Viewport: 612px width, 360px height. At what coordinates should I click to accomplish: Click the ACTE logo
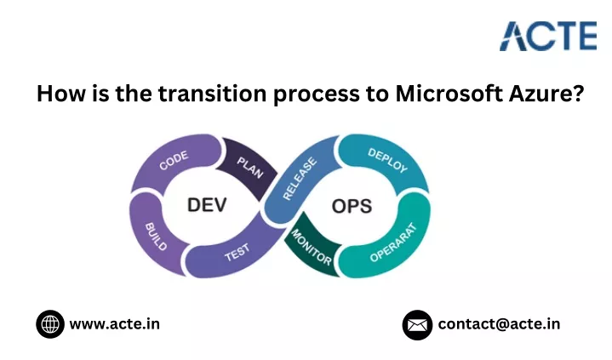(548, 37)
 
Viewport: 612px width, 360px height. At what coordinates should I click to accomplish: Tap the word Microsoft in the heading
(449, 94)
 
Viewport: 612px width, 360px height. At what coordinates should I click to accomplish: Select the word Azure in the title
(546, 94)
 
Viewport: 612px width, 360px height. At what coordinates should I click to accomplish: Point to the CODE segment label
(174, 160)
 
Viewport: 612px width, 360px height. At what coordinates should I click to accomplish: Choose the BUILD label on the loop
(156, 237)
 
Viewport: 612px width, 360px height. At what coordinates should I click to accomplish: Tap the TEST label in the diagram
(237, 253)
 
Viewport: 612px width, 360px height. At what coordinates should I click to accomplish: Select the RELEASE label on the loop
(300, 179)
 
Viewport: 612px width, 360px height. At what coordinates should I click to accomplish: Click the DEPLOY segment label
(387, 160)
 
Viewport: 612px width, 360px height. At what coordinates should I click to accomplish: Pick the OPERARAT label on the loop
(393, 243)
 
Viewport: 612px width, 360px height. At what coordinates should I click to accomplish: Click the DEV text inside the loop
(207, 205)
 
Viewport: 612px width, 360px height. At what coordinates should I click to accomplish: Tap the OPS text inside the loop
(352, 206)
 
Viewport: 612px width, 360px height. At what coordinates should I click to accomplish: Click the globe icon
(50, 324)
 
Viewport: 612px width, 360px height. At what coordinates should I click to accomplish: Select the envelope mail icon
(417, 325)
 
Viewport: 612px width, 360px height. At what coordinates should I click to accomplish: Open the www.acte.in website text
(115, 324)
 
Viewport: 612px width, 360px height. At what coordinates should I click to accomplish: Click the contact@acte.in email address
(499, 324)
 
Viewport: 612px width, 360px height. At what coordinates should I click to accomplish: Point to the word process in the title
(317, 94)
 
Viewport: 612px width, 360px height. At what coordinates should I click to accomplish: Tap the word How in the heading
(61, 94)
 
